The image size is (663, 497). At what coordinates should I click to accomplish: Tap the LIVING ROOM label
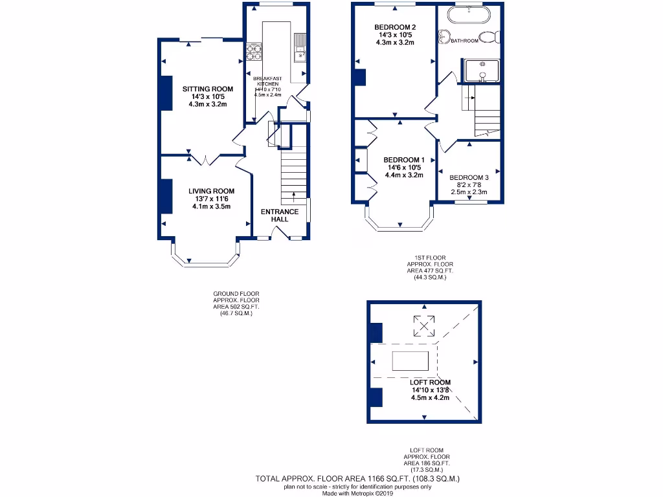click(x=211, y=191)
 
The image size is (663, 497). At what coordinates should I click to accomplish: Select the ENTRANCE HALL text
click(x=279, y=215)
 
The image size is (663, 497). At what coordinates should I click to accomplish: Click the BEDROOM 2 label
click(x=394, y=27)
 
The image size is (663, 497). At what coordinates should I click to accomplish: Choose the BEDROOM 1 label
click(x=403, y=160)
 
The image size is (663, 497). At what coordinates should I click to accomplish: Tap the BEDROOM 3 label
click(x=469, y=177)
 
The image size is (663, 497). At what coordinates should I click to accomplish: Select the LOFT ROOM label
click(x=430, y=382)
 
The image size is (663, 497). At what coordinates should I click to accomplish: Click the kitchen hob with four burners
click(x=253, y=51)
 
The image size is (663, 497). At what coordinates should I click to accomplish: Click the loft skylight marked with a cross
click(x=424, y=325)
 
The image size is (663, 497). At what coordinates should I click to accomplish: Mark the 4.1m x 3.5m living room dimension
click(x=211, y=206)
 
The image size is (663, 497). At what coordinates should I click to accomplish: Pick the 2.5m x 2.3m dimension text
click(x=469, y=192)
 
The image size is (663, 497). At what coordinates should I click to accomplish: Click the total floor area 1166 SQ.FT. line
click(x=357, y=479)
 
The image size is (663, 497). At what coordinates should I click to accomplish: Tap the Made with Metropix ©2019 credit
click(x=357, y=493)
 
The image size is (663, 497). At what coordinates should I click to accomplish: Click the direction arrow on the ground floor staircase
click(x=294, y=194)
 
